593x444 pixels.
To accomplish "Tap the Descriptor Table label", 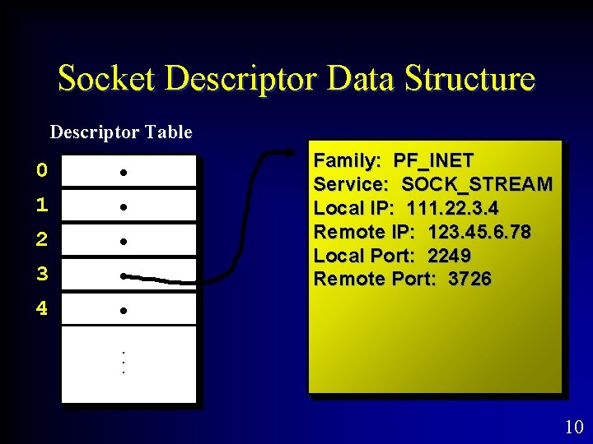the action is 121,132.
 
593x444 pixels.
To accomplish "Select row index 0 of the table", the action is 42,171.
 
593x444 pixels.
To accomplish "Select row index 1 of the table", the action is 42,206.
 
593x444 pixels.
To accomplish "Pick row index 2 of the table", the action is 42,240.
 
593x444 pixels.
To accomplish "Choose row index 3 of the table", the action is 42,275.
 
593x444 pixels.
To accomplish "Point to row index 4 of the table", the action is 42,310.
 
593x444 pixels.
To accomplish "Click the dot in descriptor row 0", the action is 122,173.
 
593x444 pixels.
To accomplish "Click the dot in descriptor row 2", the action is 122,242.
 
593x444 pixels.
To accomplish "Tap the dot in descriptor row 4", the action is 122,312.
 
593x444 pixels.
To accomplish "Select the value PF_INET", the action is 433,160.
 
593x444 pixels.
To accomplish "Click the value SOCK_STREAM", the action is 477,184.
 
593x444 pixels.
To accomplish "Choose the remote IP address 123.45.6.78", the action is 479,232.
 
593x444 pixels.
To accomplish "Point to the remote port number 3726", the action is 469,280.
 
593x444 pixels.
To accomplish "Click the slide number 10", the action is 574,427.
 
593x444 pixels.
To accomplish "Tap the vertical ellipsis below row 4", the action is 122,363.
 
